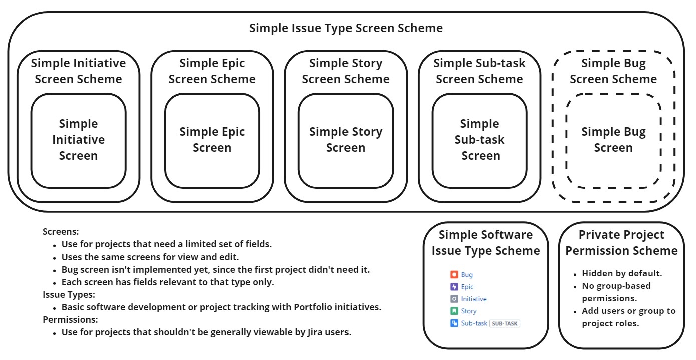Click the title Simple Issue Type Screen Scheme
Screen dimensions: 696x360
coord(346,28)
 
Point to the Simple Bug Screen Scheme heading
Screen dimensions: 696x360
coord(614,71)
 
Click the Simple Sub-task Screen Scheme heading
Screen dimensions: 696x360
coord(479,71)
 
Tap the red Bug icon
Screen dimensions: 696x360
coord(454,274)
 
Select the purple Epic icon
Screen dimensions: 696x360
coord(454,287)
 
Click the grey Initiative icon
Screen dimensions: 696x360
coord(454,299)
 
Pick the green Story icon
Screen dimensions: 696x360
coord(454,311)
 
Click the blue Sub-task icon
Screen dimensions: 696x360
coord(454,323)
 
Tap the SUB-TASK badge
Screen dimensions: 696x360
coord(505,323)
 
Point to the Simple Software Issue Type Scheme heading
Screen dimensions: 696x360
coord(486,243)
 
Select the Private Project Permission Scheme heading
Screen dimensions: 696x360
coord(621,243)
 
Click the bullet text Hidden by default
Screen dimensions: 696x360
coord(622,273)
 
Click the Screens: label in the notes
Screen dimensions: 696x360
coord(61,232)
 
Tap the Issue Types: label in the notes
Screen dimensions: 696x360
coord(69,294)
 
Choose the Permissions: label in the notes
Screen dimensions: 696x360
coord(70,319)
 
